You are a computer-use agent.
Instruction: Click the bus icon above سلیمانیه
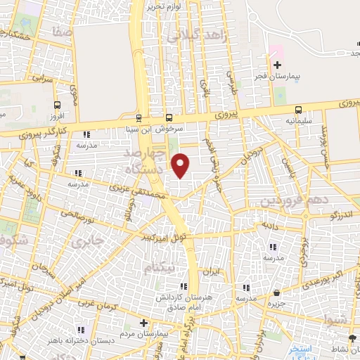(x=300, y=109)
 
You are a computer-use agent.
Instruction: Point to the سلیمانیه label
(x=300, y=120)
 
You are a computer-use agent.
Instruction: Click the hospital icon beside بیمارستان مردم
(x=144, y=323)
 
